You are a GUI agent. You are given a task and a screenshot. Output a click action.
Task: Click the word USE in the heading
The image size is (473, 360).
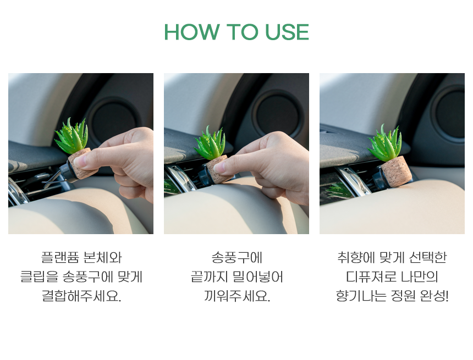point(287,32)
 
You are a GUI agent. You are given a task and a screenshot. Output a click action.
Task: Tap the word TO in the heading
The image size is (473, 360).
point(242,32)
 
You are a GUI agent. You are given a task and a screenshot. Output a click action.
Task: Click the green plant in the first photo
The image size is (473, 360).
point(72,136)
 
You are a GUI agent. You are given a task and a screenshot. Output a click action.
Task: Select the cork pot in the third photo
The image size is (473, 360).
point(397,170)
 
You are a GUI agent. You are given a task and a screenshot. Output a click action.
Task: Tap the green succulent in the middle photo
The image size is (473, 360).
point(210,142)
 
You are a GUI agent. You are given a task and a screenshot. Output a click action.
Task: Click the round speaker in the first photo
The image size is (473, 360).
point(113,120)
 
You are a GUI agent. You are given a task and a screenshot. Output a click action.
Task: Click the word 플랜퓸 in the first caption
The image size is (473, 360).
point(60,258)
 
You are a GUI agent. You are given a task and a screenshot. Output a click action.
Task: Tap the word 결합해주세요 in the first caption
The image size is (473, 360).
point(81,296)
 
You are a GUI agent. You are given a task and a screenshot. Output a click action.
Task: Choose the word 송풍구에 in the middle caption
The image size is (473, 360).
point(237,258)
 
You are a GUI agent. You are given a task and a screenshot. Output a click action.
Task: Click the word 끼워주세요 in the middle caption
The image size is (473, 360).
point(237,296)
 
